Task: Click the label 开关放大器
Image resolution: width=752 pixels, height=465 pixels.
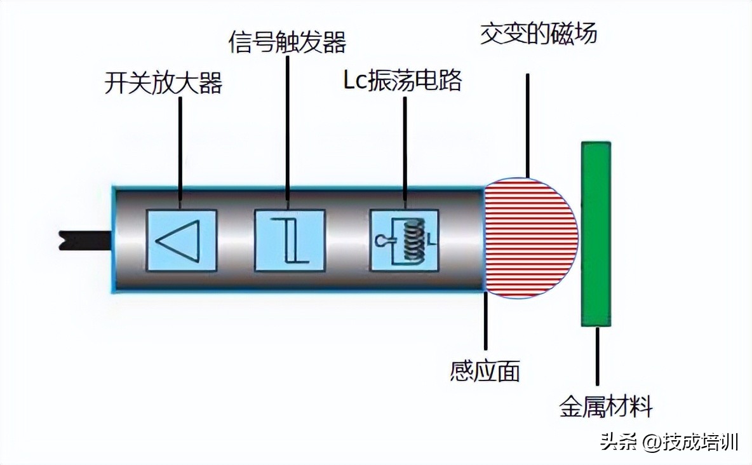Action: click(x=163, y=83)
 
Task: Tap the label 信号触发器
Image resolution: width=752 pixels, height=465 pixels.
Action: click(x=287, y=43)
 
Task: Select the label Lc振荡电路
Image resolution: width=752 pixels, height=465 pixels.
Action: click(x=403, y=81)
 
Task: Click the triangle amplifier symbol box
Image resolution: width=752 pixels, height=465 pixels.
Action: click(x=182, y=240)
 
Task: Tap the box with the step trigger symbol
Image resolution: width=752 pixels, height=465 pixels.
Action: click(x=290, y=240)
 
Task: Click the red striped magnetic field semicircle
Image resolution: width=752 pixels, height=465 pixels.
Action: click(x=530, y=238)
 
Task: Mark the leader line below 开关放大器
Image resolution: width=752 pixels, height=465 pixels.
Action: click(x=180, y=152)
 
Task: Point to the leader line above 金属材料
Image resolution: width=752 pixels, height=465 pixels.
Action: click(x=597, y=359)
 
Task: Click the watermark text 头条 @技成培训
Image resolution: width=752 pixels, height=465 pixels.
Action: click(x=669, y=442)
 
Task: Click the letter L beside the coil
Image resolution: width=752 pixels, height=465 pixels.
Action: click(x=429, y=240)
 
